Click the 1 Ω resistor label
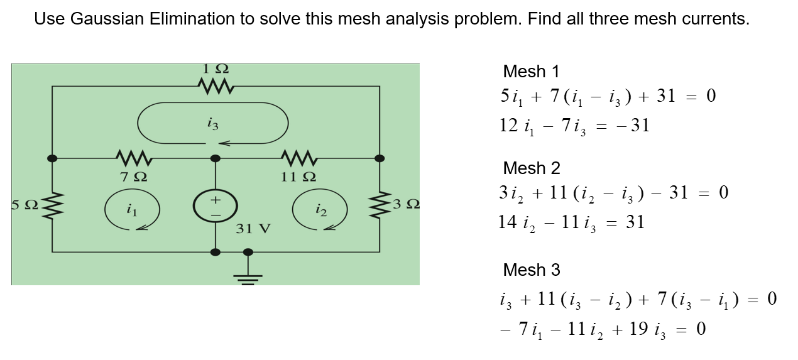tap(216, 68)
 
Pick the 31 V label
tap(253, 228)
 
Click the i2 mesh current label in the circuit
tap(320, 209)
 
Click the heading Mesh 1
tap(531, 72)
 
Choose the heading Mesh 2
tap(532, 168)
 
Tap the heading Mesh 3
tap(532, 270)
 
